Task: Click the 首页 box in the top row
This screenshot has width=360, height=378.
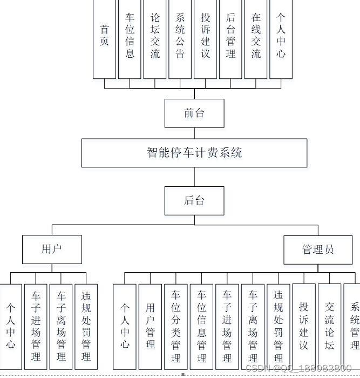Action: pos(104,38)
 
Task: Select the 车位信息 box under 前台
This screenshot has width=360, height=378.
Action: pos(130,38)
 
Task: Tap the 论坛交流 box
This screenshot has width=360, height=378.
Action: pos(155,38)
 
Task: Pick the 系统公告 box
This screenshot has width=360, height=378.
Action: pos(180,38)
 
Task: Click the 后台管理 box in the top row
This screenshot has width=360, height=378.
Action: pos(230,38)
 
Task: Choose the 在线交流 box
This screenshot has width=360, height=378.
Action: pos(256,38)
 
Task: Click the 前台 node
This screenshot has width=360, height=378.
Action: pos(194,113)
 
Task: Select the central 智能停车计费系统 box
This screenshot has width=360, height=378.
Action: pos(194,153)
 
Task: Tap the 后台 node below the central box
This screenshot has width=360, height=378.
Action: pos(194,201)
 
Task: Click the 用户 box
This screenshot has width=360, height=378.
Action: pos(52,249)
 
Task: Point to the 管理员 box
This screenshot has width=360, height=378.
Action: pos(318,249)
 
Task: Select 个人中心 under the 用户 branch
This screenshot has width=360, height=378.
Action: pos(11,326)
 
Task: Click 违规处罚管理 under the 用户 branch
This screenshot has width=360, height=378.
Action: pos(86,326)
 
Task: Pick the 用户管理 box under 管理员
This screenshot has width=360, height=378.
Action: pos(150,326)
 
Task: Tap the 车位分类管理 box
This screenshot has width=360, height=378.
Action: pos(176,326)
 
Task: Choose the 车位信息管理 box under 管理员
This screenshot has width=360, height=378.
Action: pos(201,326)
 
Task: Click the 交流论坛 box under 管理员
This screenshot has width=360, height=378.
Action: pos(329,326)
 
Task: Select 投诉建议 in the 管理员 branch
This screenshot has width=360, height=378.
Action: pos(303,326)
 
